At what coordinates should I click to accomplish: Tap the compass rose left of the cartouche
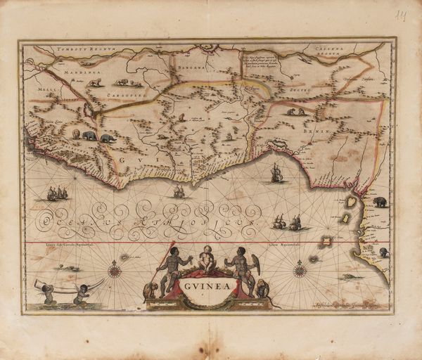click(115, 269)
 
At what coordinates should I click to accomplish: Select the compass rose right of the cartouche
click(300, 269)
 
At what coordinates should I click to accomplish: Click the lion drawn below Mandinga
click(94, 82)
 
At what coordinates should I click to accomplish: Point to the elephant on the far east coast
click(380, 202)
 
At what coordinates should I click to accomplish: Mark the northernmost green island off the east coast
click(349, 202)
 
